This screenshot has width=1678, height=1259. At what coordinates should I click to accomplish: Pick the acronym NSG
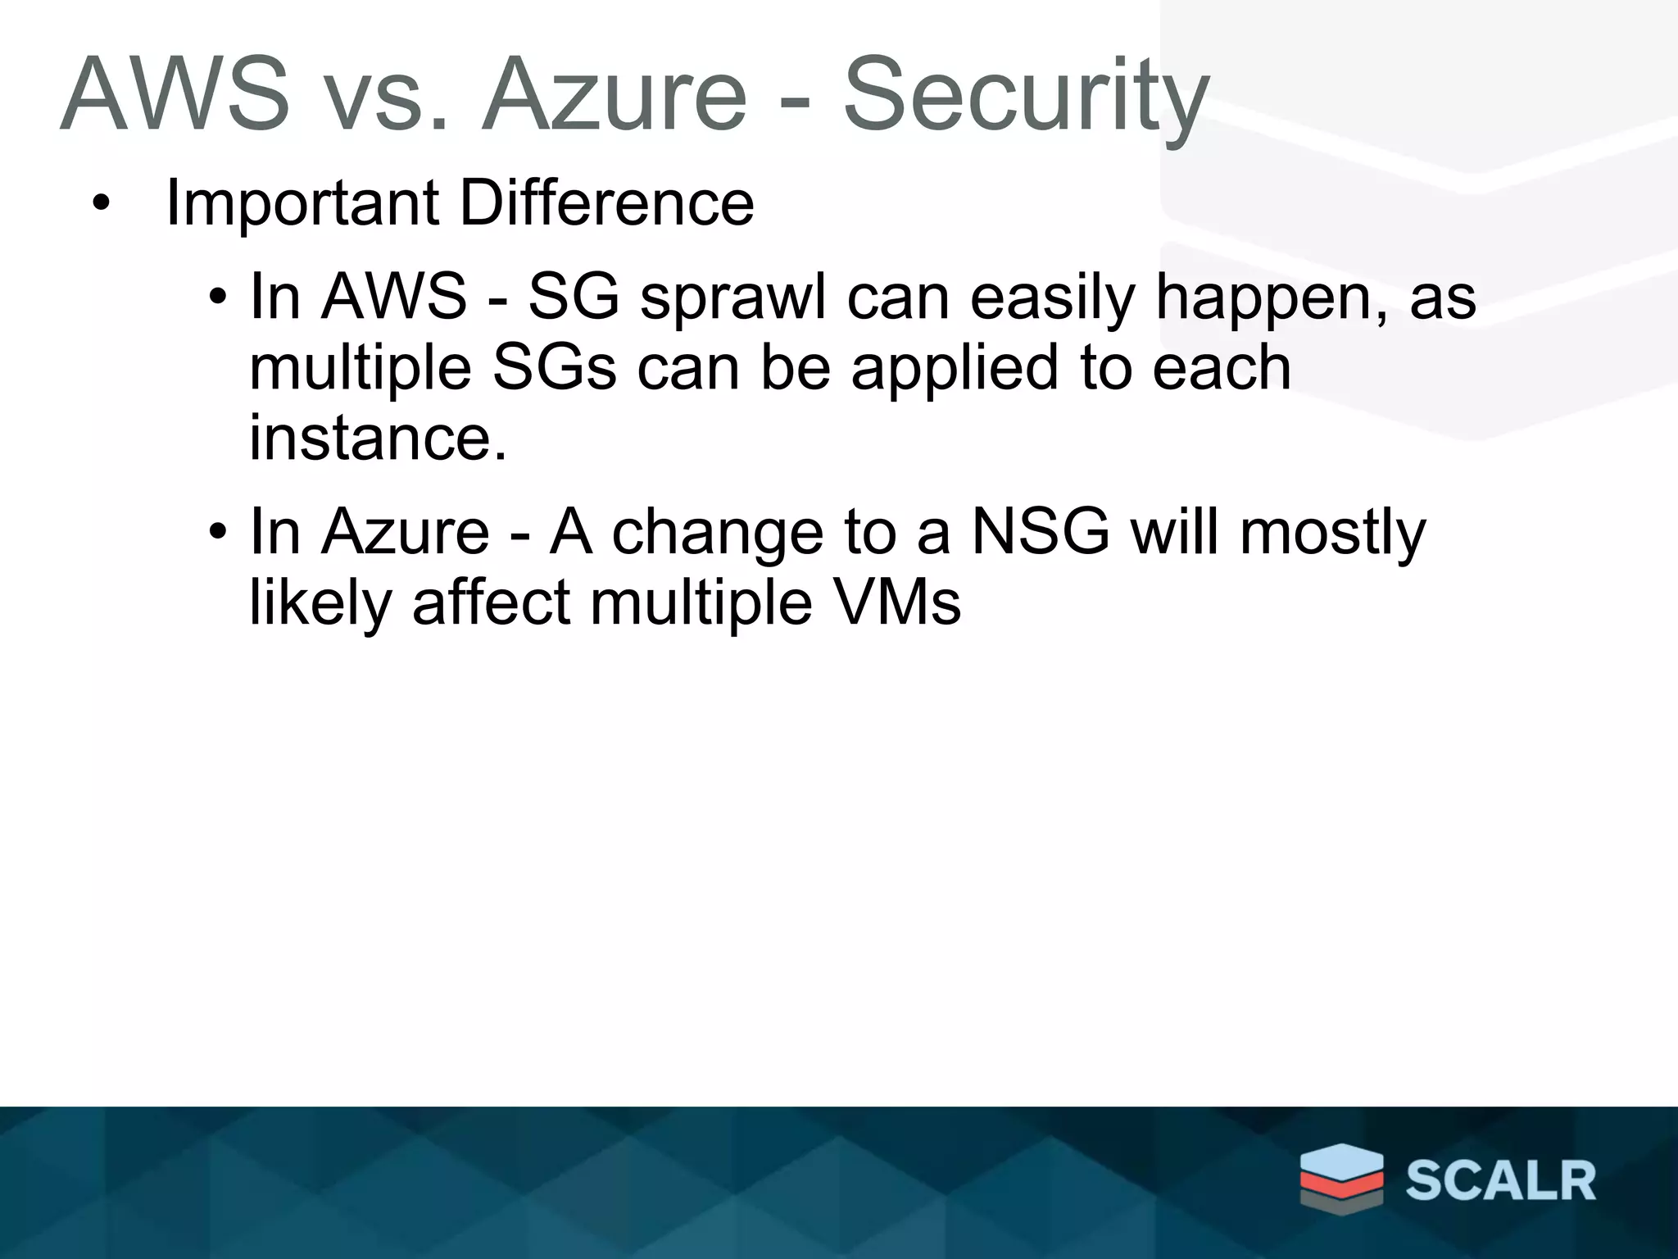click(1041, 532)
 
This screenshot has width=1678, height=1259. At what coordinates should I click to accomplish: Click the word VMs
click(896, 602)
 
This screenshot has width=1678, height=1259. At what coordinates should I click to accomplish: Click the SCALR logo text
click(1500, 1181)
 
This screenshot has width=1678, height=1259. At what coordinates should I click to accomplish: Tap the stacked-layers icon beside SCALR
click(1341, 1177)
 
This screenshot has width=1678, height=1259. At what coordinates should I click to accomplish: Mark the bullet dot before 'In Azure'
click(216, 533)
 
